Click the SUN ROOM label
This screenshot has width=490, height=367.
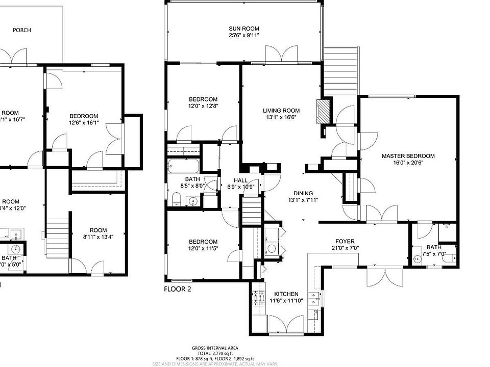tap(243, 29)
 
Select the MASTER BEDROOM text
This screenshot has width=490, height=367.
tap(408, 156)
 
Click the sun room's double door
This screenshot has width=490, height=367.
tap(281, 55)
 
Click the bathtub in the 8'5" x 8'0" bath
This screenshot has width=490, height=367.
tap(184, 167)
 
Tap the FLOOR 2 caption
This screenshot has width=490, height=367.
tap(177, 289)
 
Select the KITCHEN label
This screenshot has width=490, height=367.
tap(286, 294)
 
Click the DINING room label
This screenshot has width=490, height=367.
tap(303, 193)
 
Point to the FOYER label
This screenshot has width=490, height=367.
tap(345, 242)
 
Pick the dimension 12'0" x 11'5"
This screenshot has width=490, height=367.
tap(203, 248)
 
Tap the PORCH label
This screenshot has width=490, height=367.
tap(21, 30)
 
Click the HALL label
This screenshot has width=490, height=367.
tap(240, 180)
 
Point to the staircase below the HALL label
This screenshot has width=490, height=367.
tap(251, 211)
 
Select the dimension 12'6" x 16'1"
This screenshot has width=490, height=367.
tap(84, 122)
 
